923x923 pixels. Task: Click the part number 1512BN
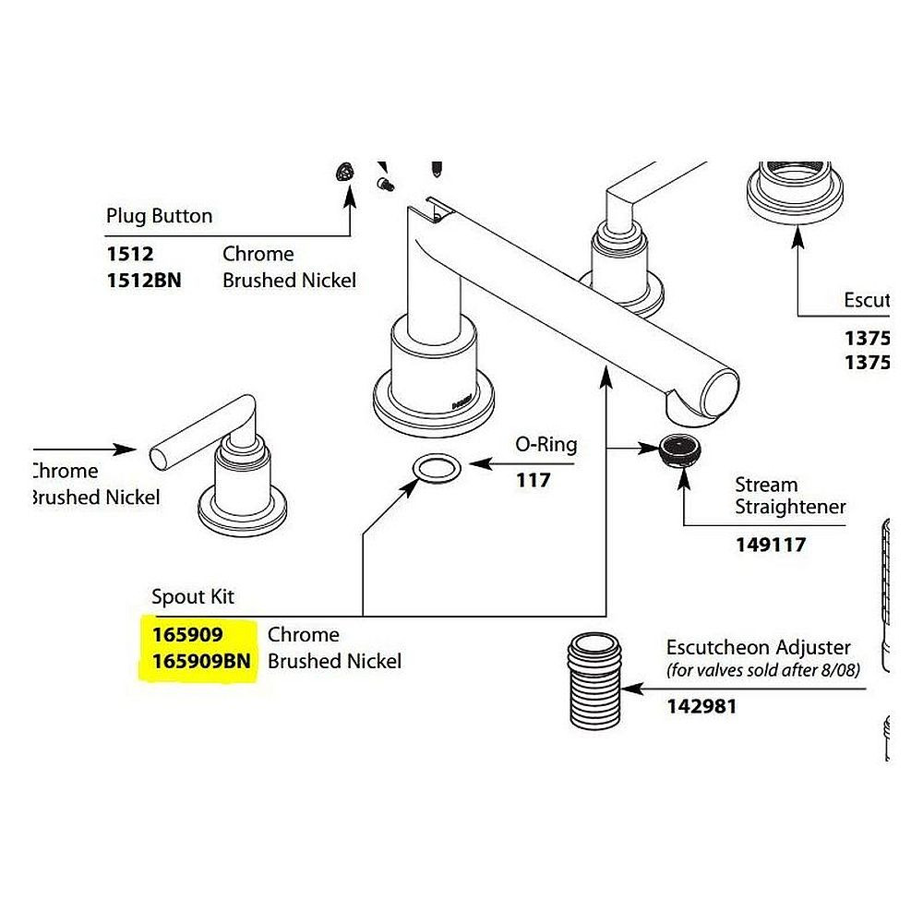pos(144,280)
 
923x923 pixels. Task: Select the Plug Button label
pos(159,216)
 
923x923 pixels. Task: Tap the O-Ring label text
pos(545,445)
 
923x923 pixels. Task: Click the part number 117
pos(533,480)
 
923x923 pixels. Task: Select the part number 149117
pos(770,545)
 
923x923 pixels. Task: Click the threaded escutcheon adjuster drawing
pos(593,681)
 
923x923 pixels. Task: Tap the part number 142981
pos(701,708)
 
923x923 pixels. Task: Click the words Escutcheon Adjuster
pos(758,648)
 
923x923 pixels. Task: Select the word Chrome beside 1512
pos(258,254)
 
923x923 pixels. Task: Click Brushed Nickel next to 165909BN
pos(334,662)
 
